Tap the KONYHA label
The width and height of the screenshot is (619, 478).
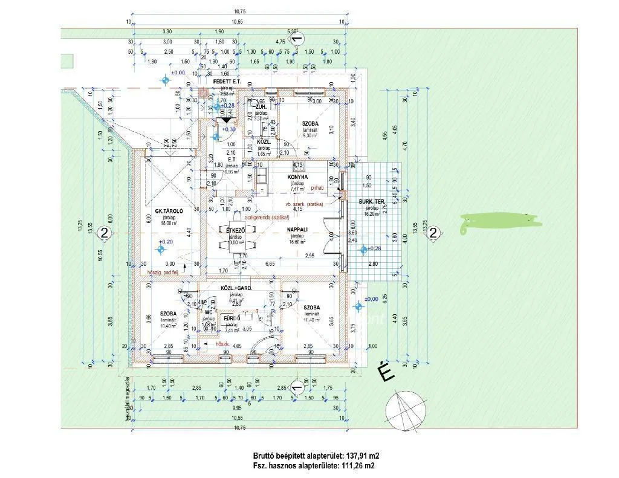(298, 177)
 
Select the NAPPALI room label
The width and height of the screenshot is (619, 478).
(296, 230)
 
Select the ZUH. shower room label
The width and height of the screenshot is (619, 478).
(261, 106)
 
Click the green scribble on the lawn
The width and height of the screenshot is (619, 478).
(499, 223)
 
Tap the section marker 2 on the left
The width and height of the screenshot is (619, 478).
(105, 234)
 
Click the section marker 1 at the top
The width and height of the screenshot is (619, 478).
(296, 40)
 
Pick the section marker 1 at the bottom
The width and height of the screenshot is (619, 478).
(296, 386)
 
